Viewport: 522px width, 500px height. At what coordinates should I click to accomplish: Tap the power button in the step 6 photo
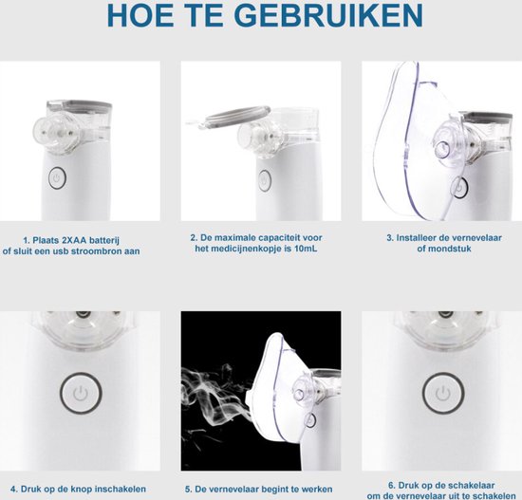[x=438, y=391]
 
